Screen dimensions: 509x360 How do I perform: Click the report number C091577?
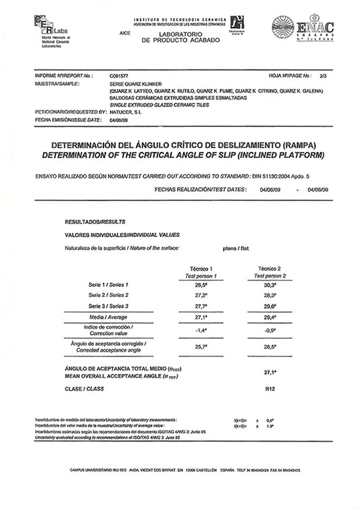[118, 77]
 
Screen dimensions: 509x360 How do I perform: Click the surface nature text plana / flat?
[234, 249]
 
